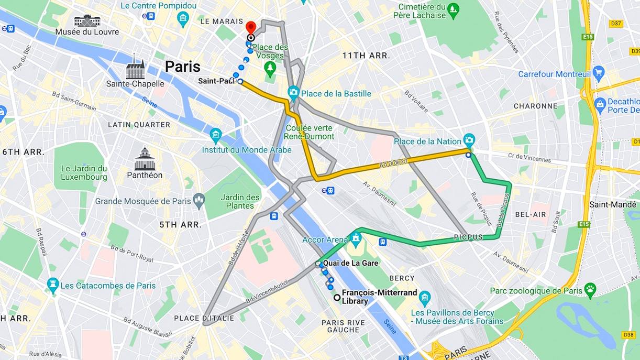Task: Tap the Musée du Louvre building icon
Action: click(x=87, y=20)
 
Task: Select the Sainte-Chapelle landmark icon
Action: click(x=135, y=68)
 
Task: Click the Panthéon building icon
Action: click(x=145, y=159)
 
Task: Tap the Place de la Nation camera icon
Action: click(x=469, y=140)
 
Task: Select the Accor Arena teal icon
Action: click(x=356, y=239)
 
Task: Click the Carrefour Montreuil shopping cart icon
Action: click(x=599, y=73)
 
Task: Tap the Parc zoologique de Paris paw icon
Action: click(x=590, y=289)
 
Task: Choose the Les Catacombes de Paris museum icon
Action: click(x=52, y=285)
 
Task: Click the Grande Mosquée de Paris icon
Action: click(x=198, y=200)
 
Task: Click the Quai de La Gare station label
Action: click(x=350, y=263)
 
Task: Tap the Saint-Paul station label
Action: click(x=216, y=81)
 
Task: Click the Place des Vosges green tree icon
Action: click(x=270, y=67)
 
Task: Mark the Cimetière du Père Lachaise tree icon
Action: click(x=454, y=9)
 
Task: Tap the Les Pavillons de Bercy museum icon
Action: click(x=425, y=297)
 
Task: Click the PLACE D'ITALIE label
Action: click(x=201, y=318)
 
